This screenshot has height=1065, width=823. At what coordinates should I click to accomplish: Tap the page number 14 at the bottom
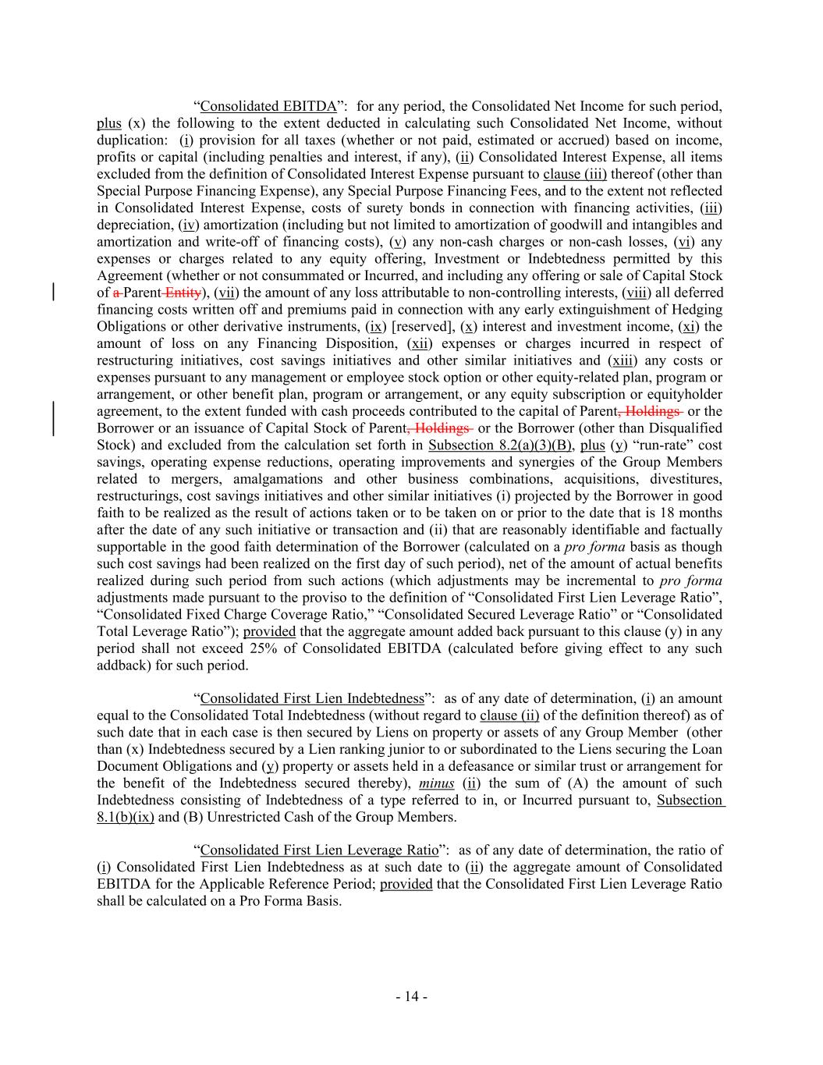(411, 996)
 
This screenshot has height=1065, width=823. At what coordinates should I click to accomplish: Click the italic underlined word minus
(436, 783)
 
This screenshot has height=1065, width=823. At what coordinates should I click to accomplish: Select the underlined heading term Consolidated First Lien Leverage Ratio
(319, 850)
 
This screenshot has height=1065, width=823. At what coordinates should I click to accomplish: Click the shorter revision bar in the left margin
(53, 293)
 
